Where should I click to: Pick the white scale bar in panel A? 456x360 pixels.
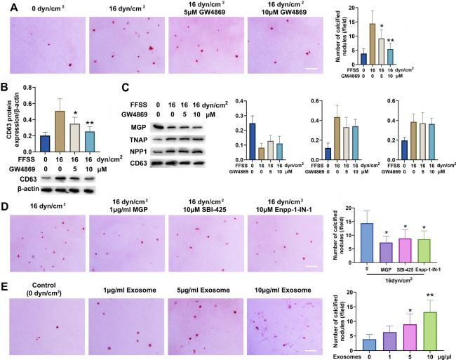pos(310,69)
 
